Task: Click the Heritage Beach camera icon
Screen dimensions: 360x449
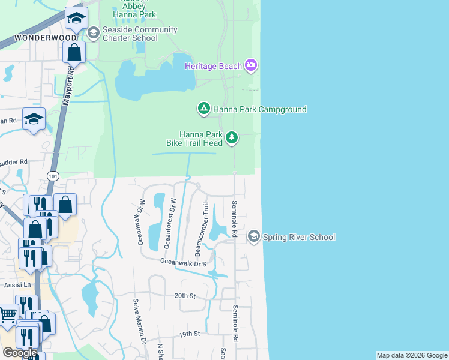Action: (x=251, y=65)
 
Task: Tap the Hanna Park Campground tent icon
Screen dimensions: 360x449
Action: (x=203, y=109)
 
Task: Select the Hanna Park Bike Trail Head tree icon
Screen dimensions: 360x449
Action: (x=232, y=139)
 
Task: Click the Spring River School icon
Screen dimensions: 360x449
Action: (x=254, y=237)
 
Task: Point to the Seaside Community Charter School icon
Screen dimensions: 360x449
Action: (x=93, y=33)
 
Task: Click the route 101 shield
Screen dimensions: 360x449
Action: (x=53, y=176)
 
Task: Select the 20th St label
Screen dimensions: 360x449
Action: (x=185, y=296)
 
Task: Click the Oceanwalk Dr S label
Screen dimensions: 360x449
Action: (x=183, y=262)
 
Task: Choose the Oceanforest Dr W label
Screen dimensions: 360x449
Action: (x=169, y=223)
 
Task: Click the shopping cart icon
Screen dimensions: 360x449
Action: (x=7, y=314)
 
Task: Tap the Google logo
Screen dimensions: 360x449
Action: (x=20, y=353)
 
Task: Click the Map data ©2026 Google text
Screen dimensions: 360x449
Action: (x=412, y=355)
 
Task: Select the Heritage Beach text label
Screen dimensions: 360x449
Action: (x=213, y=65)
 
